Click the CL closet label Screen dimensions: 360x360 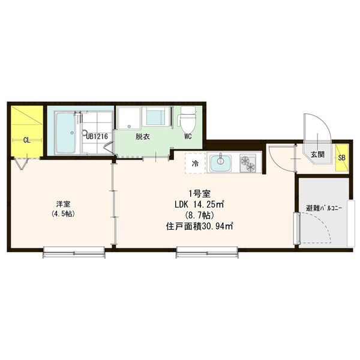point(26,140)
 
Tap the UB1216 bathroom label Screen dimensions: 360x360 point(97,137)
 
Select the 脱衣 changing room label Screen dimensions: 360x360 point(143,137)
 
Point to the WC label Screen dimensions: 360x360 point(188,137)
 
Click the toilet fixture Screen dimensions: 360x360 point(188,119)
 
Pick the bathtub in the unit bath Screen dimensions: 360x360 point(65,133)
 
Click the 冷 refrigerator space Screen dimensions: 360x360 point(195,164)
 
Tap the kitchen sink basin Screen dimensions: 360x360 point(221,163)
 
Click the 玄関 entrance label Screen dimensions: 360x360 point(318,155)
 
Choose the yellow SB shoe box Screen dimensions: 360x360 point(342,158)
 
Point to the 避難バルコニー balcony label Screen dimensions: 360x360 point(324,208)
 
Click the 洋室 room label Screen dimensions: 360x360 point(63,203)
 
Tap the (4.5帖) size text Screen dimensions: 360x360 point(63,214)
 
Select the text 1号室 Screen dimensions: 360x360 point(199,194)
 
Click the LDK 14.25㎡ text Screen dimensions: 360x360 point(199,204)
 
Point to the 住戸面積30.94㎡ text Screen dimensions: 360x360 point(199,227)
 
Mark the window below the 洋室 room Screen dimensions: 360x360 point(74,253)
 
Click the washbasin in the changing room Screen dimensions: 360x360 point(155,116)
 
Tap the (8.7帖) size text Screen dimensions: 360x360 point(199,215)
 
